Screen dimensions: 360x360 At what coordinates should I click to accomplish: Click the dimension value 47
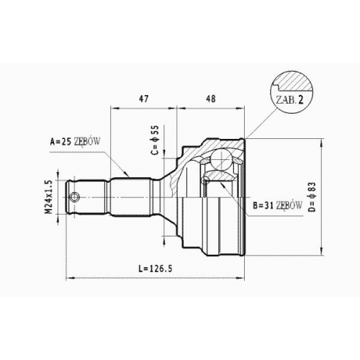tap(144, 99)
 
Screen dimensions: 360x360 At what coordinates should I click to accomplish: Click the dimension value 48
tap(210, 99)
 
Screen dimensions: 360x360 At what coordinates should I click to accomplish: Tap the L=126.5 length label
tap(156, 269)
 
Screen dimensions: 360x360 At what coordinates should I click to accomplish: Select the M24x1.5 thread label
tap(49, 197)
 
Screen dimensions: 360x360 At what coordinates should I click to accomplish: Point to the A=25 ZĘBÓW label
tap(75, 142)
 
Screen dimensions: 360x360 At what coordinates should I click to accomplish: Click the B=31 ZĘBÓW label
tap(277, 205)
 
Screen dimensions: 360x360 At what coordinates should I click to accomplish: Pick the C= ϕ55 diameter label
tap(155, 140)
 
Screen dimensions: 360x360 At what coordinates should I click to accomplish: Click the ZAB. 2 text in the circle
tap(289, 100)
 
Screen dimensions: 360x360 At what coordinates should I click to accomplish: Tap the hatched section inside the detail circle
tap(294, 81)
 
